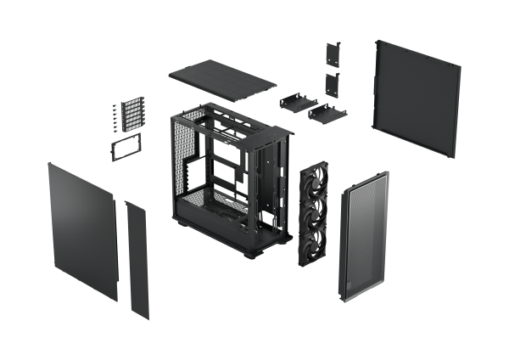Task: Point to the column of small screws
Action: tap(112, 120)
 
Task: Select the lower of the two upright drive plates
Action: tap(331, 82)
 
